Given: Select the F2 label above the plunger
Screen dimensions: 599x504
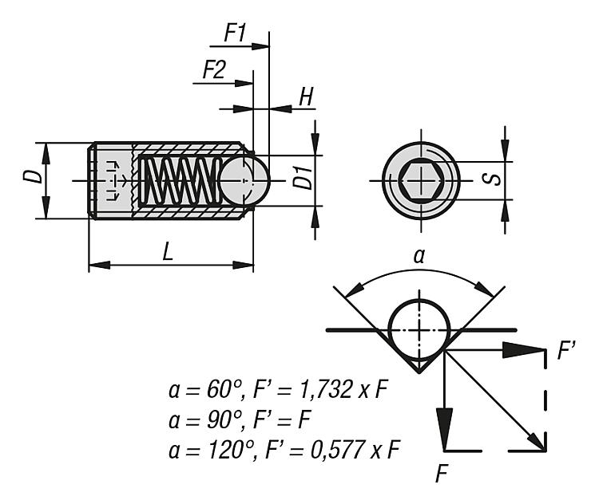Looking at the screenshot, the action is coord(214,70).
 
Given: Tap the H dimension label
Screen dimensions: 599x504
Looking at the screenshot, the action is coord(306,96).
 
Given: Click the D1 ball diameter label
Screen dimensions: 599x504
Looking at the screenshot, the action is coord(303,177).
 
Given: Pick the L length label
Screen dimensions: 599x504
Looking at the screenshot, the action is coord(168,252).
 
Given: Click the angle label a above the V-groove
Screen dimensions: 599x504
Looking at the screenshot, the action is coord(419,257).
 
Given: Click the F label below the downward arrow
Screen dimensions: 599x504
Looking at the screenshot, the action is coord(442,474).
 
